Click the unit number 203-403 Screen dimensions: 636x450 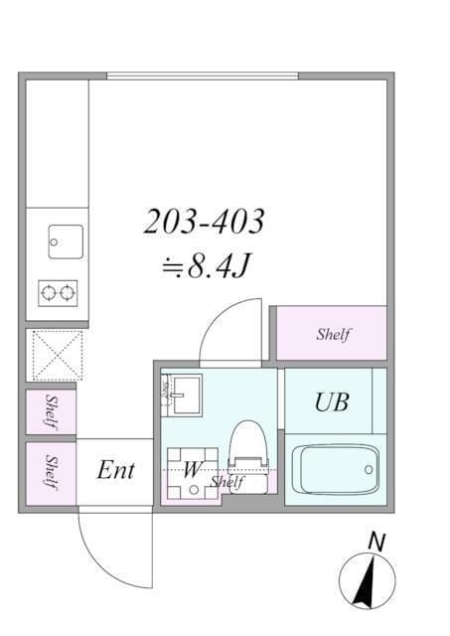[204, 222]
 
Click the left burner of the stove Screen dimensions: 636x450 [48, 292]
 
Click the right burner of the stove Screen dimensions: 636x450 [68, 292]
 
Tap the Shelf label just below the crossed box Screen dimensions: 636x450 [51, 411]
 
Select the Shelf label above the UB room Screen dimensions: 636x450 [333, 335]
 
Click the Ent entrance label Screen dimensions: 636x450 [115, 471]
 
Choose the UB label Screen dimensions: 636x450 [331, 402]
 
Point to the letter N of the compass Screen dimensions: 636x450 [375, 542]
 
